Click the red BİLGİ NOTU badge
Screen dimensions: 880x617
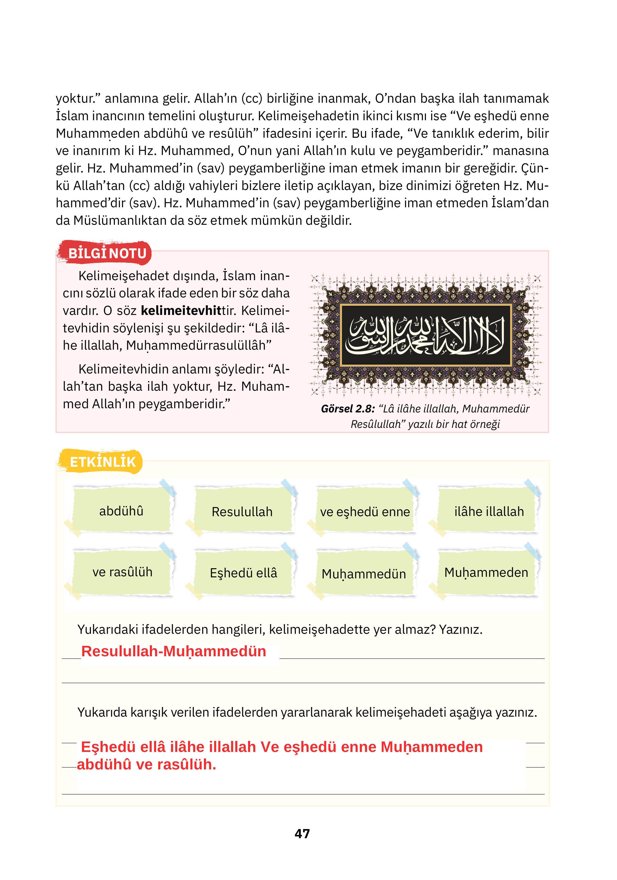pos(105,253)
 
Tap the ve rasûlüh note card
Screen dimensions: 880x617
pos(122,572)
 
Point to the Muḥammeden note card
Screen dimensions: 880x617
pos(486,572)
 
